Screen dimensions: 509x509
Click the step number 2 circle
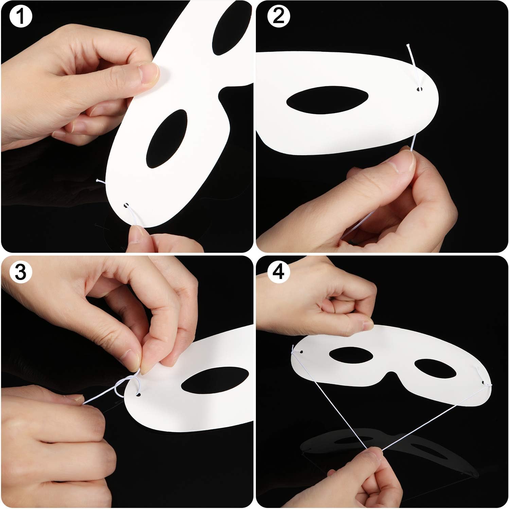[x=278, y=16]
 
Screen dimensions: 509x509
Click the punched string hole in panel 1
[x=126, y=206]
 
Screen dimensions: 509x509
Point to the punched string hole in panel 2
[x=420, y=89]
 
